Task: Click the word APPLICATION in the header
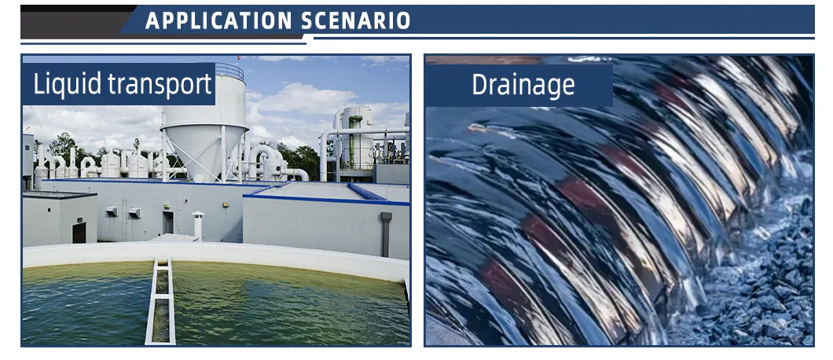coord(219,20)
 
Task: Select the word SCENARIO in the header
coord(356,20)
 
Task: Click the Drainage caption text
coord(523,85)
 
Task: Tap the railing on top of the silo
coord(229,71)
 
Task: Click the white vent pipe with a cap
coord(197,225)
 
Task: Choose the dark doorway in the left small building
coord(79,233)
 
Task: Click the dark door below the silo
coord(168,222)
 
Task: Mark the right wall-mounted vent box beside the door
coord(134,212)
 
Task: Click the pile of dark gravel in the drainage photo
coord(765,277)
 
